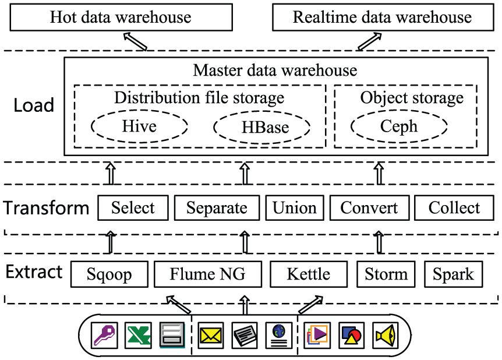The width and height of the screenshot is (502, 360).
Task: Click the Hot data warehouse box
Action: (121, 17)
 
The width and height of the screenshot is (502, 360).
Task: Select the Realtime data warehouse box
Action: (383, 17)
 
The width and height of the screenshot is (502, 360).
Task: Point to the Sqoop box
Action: (109, 274)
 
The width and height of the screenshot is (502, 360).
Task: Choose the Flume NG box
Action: (208, 274)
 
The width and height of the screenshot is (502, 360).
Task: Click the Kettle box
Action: (309, 274)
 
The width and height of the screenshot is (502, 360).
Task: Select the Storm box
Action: (386, 274)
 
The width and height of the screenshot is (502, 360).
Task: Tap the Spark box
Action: (453, 274)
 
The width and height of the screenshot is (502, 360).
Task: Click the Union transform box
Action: (295, 208)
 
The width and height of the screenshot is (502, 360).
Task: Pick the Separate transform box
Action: (217, 208)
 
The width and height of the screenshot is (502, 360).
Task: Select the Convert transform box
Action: (369, 208)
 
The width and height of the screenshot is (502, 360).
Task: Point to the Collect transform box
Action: (454, 208)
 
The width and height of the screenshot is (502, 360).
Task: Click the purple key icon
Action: (104, 336)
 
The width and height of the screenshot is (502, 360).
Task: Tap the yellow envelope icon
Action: (211, 336)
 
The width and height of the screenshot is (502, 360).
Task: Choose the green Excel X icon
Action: (138, 336)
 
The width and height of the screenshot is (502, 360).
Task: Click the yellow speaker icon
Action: (386, 336)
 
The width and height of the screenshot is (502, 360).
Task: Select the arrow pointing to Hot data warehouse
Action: (135, 41)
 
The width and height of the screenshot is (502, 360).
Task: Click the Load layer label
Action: (34, 105)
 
